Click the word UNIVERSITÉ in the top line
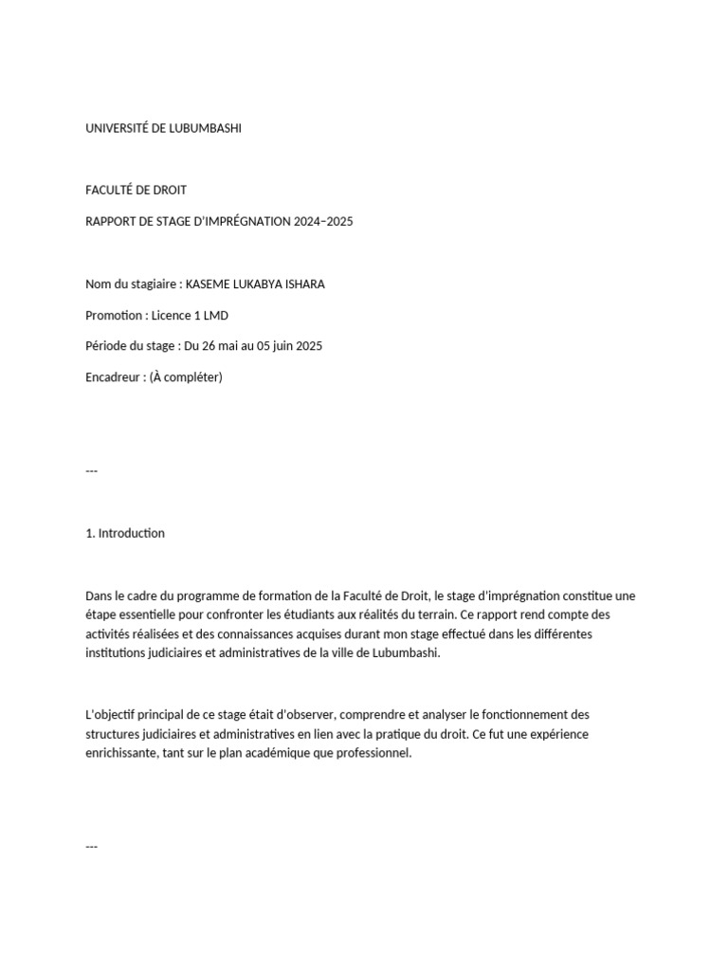118,128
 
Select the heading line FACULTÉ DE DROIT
136,191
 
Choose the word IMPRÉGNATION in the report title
241,222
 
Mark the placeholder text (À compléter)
186,377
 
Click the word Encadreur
115,377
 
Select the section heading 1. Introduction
124,533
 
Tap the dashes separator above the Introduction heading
92,471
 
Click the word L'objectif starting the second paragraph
115,714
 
